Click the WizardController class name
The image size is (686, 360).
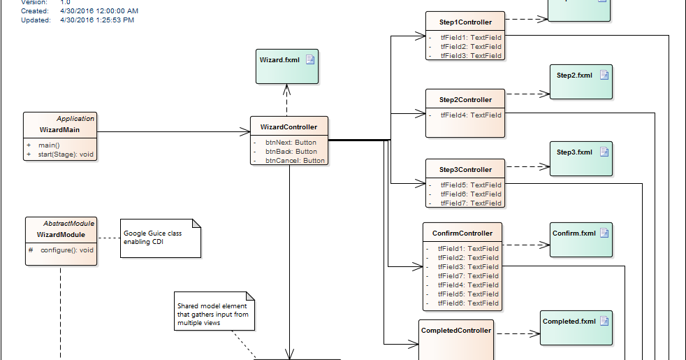tap(289, 127)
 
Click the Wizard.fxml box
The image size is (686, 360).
tap(284, 66)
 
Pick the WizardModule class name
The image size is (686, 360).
tap(61, 235)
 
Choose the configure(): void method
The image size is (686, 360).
tap(66, 250)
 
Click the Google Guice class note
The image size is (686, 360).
tap(160, 238)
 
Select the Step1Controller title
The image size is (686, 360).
tap(465, 22)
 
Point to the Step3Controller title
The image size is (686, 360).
tap(465, 170)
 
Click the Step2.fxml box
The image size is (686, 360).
tap(580, 81)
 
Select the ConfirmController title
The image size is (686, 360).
tap(462, 233)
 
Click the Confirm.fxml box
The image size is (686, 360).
tap(580, 240)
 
